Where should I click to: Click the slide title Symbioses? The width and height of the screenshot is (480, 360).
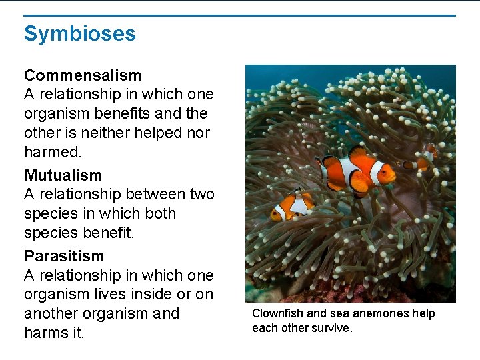coord(79,33)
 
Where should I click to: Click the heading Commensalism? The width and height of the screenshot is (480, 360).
coord(83,75)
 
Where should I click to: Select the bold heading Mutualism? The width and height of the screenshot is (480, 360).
coord(63,175)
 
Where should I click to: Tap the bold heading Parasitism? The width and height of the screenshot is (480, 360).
coord(64,256)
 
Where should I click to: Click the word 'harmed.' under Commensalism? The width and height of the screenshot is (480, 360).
coord(53,152)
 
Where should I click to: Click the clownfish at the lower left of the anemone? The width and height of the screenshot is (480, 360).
coord(293,206)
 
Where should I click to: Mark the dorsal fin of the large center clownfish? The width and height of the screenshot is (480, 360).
coord(359,154)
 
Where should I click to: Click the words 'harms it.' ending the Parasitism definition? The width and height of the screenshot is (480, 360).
coord(54,333)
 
